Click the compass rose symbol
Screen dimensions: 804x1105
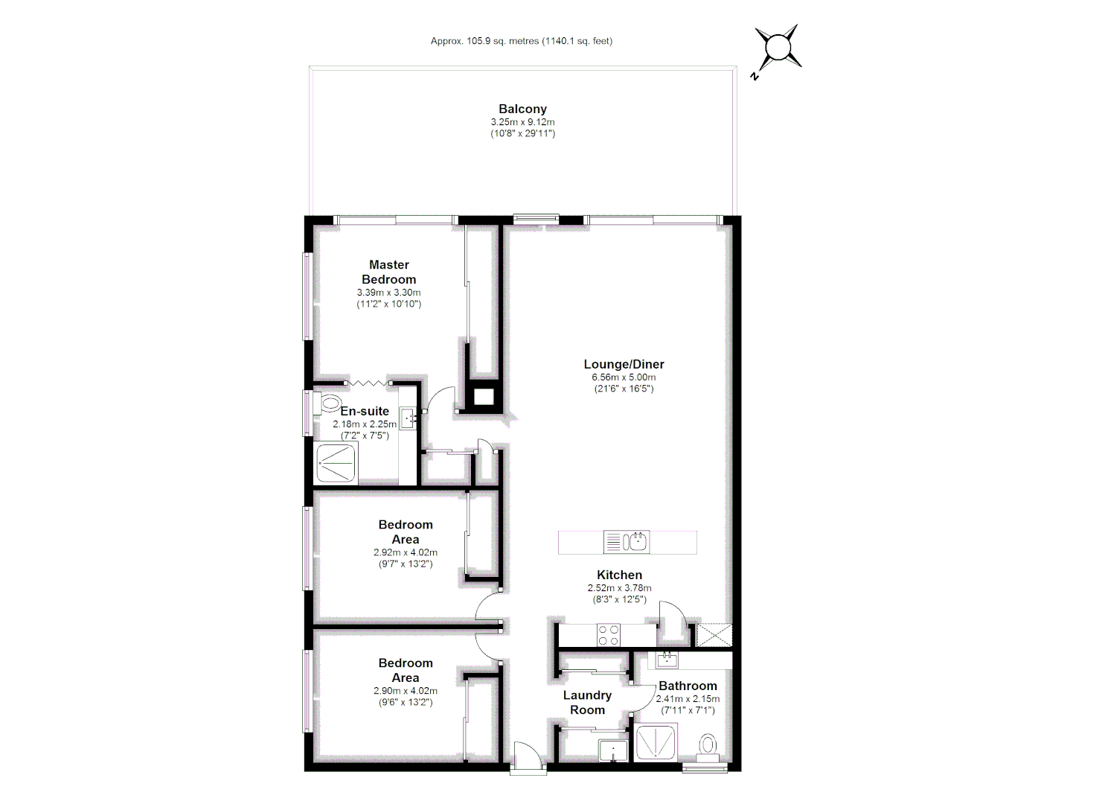[778, 48]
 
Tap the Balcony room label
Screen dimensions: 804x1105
[522, 109]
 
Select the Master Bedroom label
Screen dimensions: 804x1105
[389, 272]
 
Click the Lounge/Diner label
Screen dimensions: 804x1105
[624, 364]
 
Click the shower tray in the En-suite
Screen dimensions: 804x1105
[337, 463]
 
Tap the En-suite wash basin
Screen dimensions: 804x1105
[409, 418]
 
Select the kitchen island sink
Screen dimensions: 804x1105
[635, 541]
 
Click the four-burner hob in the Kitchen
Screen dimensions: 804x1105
[608, 635]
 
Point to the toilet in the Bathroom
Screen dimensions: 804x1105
[708, 744]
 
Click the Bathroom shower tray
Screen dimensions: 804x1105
[656, 742]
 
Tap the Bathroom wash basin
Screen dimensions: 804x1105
[667, 659]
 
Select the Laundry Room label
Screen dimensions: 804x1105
[587, 702]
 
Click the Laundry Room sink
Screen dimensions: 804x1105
[613, 750]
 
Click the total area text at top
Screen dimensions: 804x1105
[522, 41]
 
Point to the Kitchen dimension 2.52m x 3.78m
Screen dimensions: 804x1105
[619, 588]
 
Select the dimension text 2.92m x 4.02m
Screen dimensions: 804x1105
[406, 552]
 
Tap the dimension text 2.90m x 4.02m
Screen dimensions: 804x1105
[406, 691]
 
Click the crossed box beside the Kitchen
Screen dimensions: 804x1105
[714, 634]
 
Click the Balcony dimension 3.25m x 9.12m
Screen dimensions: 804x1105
[522, 122]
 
